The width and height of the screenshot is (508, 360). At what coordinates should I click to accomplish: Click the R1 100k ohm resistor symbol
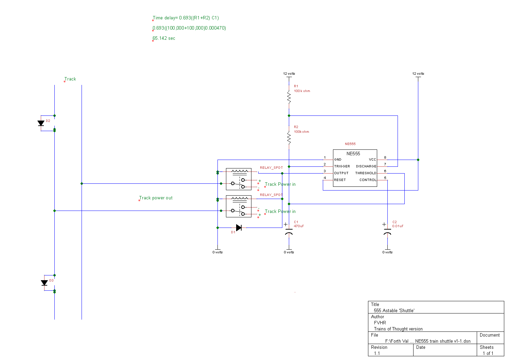tap(289, 97)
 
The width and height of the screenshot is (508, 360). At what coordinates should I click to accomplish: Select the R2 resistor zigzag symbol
tap(289, 138)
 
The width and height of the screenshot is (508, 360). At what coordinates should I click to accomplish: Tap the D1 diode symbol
tap(239, 228)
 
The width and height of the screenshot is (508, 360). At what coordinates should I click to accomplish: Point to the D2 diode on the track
tap(41, 123)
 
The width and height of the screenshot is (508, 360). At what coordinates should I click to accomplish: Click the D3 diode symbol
tap(44, 283)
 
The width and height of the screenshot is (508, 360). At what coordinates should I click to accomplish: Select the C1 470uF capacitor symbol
tap(289, 231)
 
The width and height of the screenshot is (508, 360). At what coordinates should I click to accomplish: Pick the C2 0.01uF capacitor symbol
tap(387, 231)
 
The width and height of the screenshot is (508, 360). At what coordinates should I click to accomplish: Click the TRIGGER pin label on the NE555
tap(342, 166)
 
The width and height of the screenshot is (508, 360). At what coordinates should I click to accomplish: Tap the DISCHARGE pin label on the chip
tap(366, 166)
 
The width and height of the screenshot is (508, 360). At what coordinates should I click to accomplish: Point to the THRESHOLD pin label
tap(366, 173)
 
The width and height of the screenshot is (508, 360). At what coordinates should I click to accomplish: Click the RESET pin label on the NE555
tap(340, 180)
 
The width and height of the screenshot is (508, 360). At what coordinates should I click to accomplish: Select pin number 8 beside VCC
tap(385, 157)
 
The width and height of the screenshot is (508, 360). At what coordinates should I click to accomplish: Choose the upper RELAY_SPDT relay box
tap(239, 179)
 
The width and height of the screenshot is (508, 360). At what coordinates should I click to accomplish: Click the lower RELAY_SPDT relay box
tap(239, 206)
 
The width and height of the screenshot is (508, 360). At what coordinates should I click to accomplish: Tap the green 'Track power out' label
tap(156, 198)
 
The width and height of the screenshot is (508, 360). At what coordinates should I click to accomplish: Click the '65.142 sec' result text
tap(164, 38)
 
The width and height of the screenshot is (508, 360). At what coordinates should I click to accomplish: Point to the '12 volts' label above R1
tap(289, 74)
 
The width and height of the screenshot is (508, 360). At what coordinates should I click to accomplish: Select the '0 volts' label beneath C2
tap(387, 252)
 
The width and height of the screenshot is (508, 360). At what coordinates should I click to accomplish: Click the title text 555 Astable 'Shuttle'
tap(394, 310)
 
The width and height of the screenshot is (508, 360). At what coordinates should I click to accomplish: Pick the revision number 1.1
tap(377, 354)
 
